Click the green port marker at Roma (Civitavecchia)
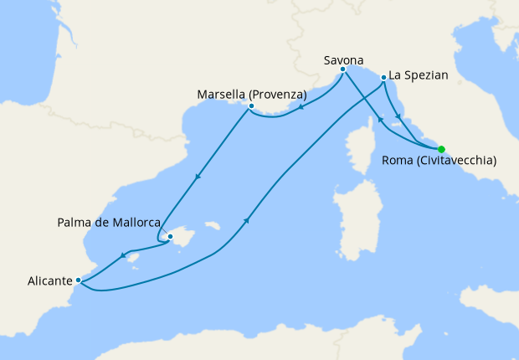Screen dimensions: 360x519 point(441,148)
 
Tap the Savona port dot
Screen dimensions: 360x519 point(343,69)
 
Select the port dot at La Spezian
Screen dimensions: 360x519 point(383,78)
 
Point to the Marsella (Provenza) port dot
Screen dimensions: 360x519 point(251,106)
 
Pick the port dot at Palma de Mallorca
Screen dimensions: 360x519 point(170,237)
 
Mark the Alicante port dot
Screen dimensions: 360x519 point(78,280)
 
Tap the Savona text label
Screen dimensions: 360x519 point(344,59)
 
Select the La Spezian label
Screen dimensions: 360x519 point(419,75)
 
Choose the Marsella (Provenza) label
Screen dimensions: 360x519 point(252,93)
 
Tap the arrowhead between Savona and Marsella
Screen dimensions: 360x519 point(301,106)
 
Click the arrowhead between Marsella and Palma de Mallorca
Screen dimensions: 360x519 point(198,177)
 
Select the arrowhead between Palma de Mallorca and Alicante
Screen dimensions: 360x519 point(123,256)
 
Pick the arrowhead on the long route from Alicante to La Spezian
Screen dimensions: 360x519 point(248,219)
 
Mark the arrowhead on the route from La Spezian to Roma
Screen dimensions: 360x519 point(398,116)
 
